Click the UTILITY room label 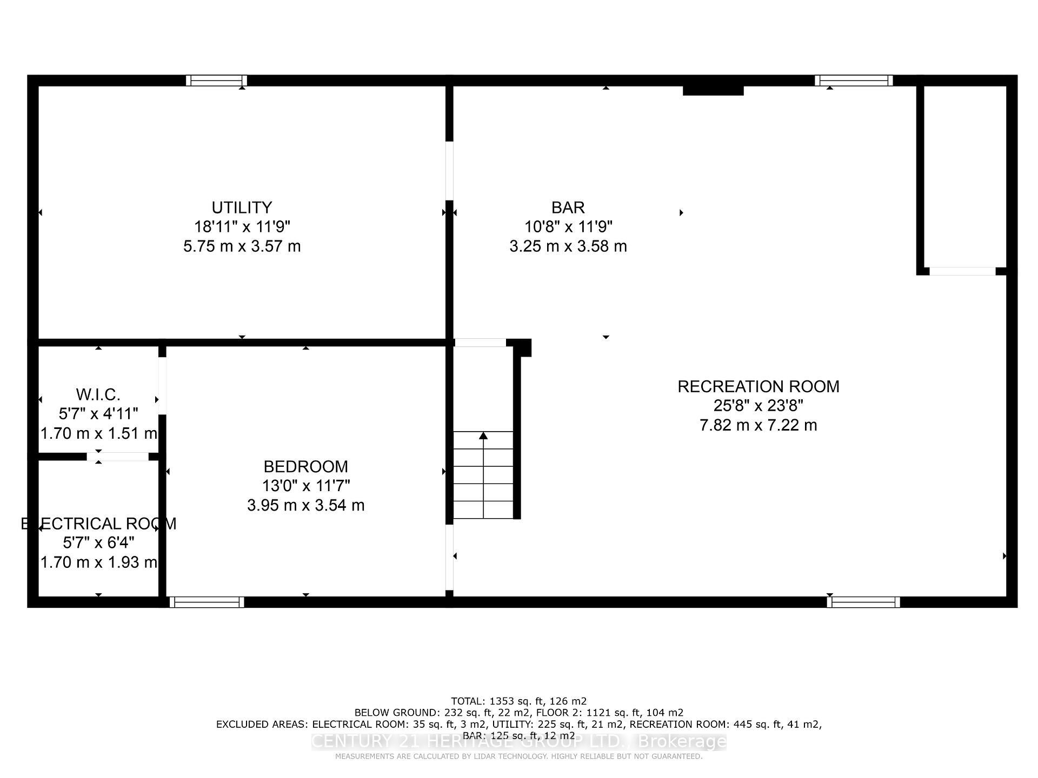click(x=242, y=207)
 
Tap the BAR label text click(x=568, y=207)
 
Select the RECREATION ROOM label click(x=758, y=387)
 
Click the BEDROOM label click(x=305, y=466)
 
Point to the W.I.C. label click(x=98, y=394)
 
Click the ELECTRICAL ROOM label click(x=98, y=524)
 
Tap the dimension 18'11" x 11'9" click(x=242, y=227)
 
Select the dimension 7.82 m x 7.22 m click(x=758, y=425)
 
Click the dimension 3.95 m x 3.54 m click(x=305, y=505)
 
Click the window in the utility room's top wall click(x=216, y=81)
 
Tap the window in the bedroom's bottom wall click(x=207, y=602)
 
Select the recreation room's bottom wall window click(x=863, y=602)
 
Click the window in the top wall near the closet click(x=853, y=81)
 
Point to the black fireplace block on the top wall click(x=713, y=90)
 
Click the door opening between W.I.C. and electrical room click(x=117, y=457)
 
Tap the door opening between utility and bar click(x=449, y=170)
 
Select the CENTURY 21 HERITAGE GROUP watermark click(x=519, y=741)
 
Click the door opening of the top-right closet click(x=962, y=271)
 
